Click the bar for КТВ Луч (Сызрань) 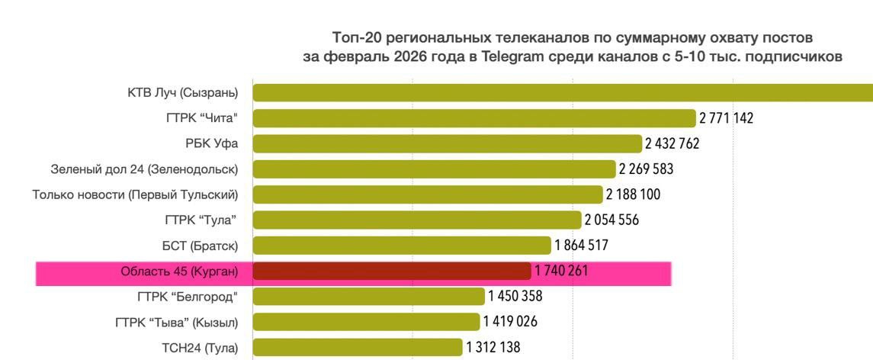click(x=563, y=93)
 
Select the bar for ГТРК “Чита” click(x=474, y=118)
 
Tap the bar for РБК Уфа click(x=448, y=143)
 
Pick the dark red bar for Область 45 click(x=392, y=271)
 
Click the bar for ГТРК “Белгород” click(x=369, y=297)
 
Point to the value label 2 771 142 click(x=726, y=118)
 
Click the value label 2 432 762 click(x=672, y=143)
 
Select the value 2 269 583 click(x=646, y=169)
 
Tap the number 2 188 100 click(x=633, y=194)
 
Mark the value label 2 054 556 click(x=611, y=220)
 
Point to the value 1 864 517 click(x=581, y=246)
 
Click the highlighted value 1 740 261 click(x=561, y=271)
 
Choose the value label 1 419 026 click(x=510, y=322)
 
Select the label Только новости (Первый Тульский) click(x=135, y=194)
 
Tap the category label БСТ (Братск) click(x=201, y=246)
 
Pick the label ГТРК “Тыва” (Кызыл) click(x=176, y=322)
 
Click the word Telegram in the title click(x=515, y=56)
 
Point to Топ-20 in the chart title click(x=355, y=37)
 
